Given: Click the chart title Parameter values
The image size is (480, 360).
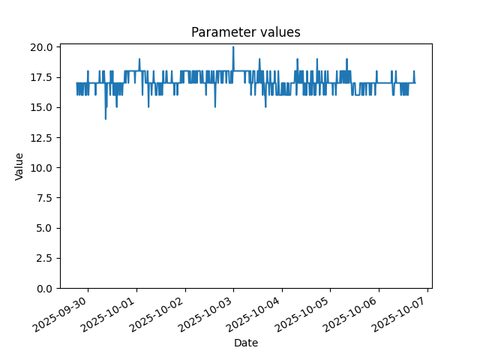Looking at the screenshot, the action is tap(246, 32).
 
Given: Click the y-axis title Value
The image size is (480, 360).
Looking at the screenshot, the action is tap(19, 166).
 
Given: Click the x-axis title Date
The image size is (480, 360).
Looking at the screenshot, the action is tap(246, 343).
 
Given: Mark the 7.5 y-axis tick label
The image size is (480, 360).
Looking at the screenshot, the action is tap(44, 198).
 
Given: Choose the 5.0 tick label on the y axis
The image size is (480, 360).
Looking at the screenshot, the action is tap(44, 228).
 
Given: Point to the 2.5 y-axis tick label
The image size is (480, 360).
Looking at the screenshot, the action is tap(44, 258).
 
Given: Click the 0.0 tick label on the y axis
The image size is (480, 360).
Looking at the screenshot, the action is tap(44, 289).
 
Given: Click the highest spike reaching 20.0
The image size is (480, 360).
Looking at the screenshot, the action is tap(233, 47).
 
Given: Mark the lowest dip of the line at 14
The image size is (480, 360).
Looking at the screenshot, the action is tap(106, 118).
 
